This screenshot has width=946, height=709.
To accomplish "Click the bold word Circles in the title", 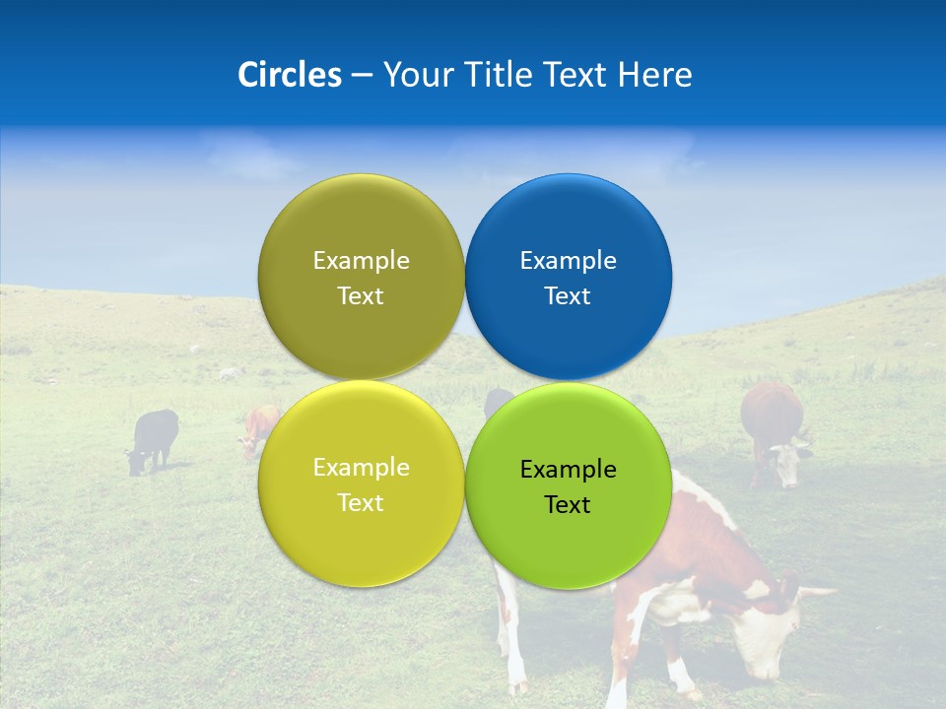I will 290,75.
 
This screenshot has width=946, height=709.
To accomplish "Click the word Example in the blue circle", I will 569,261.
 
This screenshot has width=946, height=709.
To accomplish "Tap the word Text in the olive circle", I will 361,296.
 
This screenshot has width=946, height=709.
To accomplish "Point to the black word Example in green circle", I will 569,470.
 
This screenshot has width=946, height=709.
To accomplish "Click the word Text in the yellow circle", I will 361,503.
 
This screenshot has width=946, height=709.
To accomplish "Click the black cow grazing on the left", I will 155,438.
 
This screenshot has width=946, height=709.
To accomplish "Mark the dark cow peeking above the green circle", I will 497,400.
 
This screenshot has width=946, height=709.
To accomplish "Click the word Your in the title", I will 415,75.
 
